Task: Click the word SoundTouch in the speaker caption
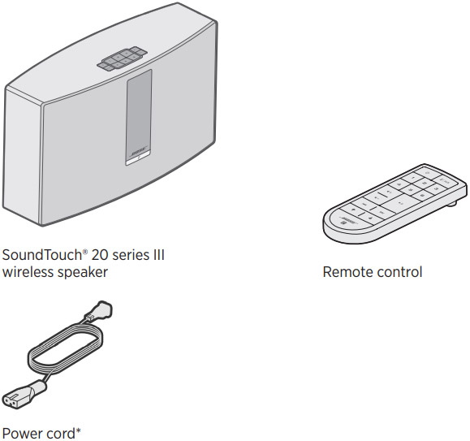pyautogui.click(x=42, y=255)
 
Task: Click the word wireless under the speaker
pyautogui.click(x=28, y=272)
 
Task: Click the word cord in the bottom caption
pyautogui.click(x=59, y=434)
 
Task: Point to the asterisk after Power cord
pyautogui.click(x=78, y=430)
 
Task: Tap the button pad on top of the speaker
pyautogui.click(x=122, y=58)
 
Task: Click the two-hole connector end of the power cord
pyautogui.click(x=19, y=396)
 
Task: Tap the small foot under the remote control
pyautogui.click(x=452, y=204)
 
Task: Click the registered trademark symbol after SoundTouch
pyautogui.click(x=85, y=252)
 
